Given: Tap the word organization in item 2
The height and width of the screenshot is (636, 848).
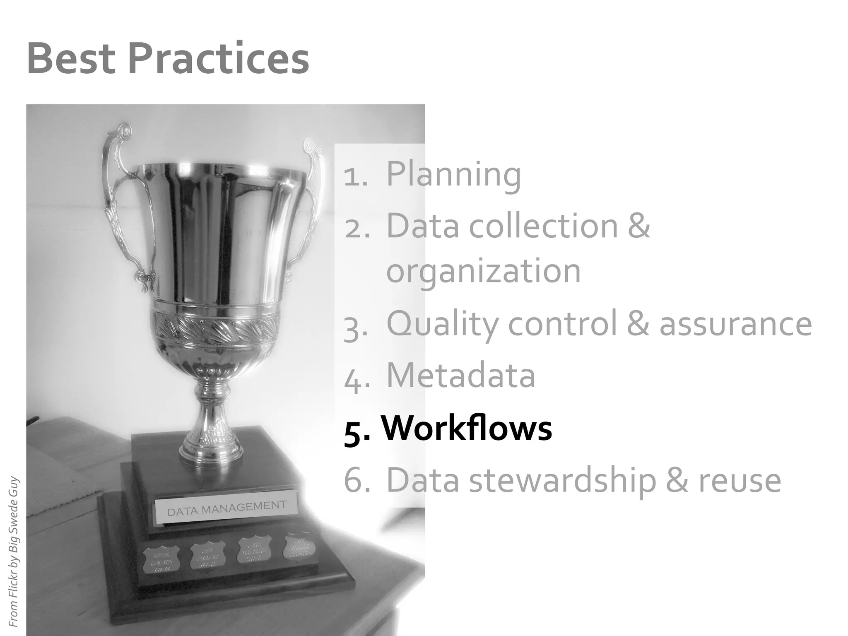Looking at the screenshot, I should tap(484, 272).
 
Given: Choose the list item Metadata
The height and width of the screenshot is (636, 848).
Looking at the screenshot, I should tap(461, 376).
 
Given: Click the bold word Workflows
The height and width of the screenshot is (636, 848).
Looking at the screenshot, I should tap(467, 428).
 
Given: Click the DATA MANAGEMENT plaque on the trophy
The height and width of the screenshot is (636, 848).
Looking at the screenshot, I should tap(226, 508).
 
